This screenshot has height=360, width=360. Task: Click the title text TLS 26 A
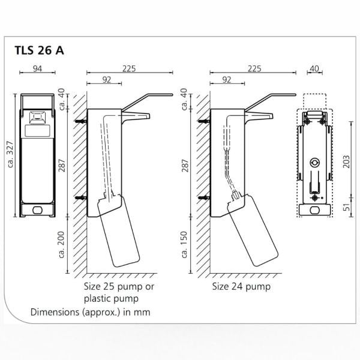(38, 50)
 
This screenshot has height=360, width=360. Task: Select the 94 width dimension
(37, 69)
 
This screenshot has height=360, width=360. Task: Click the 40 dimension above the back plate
(314, 68)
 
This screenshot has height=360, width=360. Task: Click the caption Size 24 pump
(241, 286)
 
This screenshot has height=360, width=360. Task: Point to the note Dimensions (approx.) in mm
(90, 312)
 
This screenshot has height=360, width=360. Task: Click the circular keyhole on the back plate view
(314, 163)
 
